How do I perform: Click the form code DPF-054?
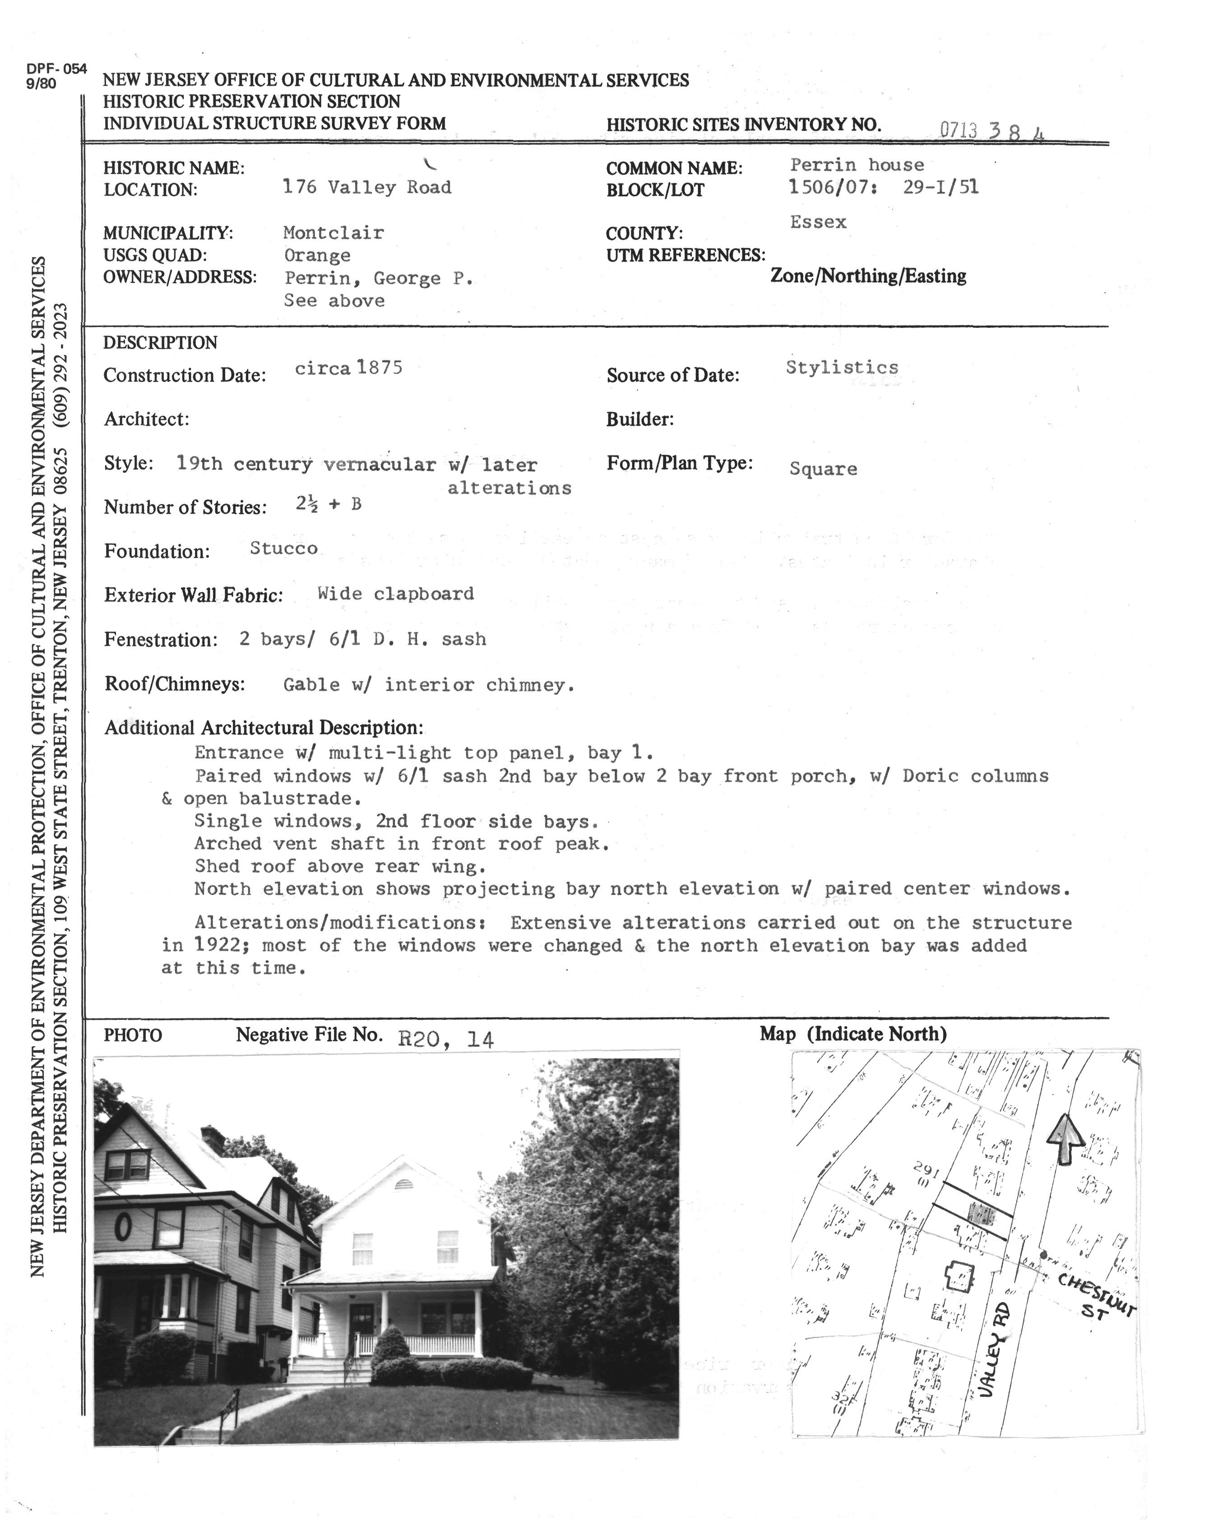click(x=56, y=69)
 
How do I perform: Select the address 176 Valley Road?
click(x=366, y=188)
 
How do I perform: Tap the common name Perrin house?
click(x=857, y=165)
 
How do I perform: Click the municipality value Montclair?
click(x=334, y=233)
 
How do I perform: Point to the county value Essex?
click(x=818, y=222)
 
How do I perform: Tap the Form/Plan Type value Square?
click(x=823, y=469)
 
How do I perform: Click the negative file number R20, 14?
click(x=446, y=1039)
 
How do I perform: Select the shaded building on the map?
click(x=981, y=1214)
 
